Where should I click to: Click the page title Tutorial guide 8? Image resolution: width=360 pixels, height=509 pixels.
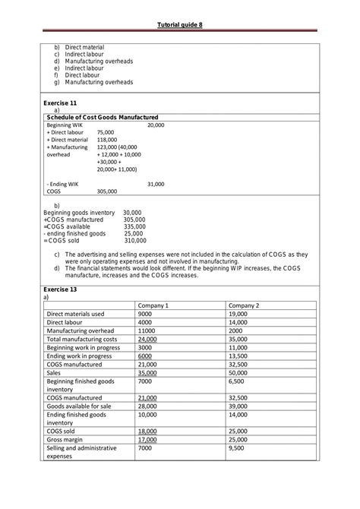point(179,26)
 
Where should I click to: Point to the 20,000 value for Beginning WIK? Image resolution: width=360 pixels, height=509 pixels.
point(156,124)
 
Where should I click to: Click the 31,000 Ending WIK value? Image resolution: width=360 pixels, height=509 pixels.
point(156,184)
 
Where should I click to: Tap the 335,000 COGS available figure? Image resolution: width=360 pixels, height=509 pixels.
point(134,226)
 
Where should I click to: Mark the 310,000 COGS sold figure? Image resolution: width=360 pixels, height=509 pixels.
point(134,240)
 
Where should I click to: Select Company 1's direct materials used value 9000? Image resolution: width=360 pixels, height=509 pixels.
point(145,314)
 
